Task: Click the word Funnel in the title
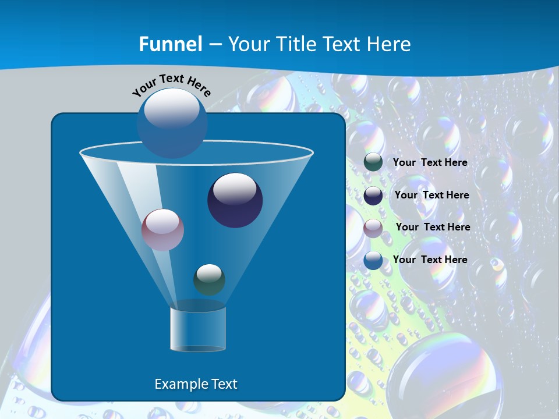pos(171,44)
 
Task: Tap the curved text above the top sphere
pos(172,84)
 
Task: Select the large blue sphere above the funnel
pos(172,122)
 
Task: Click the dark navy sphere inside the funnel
pos(235,200)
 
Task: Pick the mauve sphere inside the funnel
pos(162,230)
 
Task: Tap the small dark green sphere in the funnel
pos(209,279)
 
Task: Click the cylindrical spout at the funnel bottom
pos(198,329)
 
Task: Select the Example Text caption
pos(196,384)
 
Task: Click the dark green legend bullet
pos(373,162)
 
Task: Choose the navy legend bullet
pos(373,196)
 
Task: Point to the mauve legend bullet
pos(373,228)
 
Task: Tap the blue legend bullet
pos(373,260)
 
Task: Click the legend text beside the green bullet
pos(430,163)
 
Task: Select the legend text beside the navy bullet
pos(431,196)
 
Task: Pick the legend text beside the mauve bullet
pos(433,228)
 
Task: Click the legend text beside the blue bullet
pos(430,260)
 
